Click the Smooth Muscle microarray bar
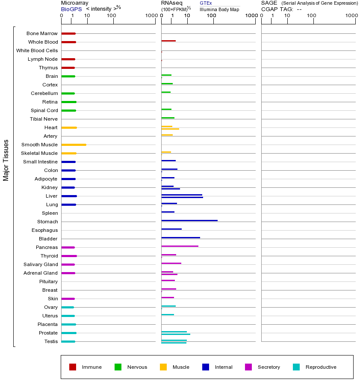74,145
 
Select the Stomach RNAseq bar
189,220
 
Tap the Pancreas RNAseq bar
180,246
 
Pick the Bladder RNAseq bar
180,237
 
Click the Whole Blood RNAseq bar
168,41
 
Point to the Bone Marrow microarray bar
68,33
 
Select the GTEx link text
206,3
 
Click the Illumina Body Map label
219,9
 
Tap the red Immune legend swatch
73,367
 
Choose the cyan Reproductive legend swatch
296,367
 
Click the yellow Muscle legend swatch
163,367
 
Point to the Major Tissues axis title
6,160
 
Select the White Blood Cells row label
37,50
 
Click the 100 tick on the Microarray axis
112,16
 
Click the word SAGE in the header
269,3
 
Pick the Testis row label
51,341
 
